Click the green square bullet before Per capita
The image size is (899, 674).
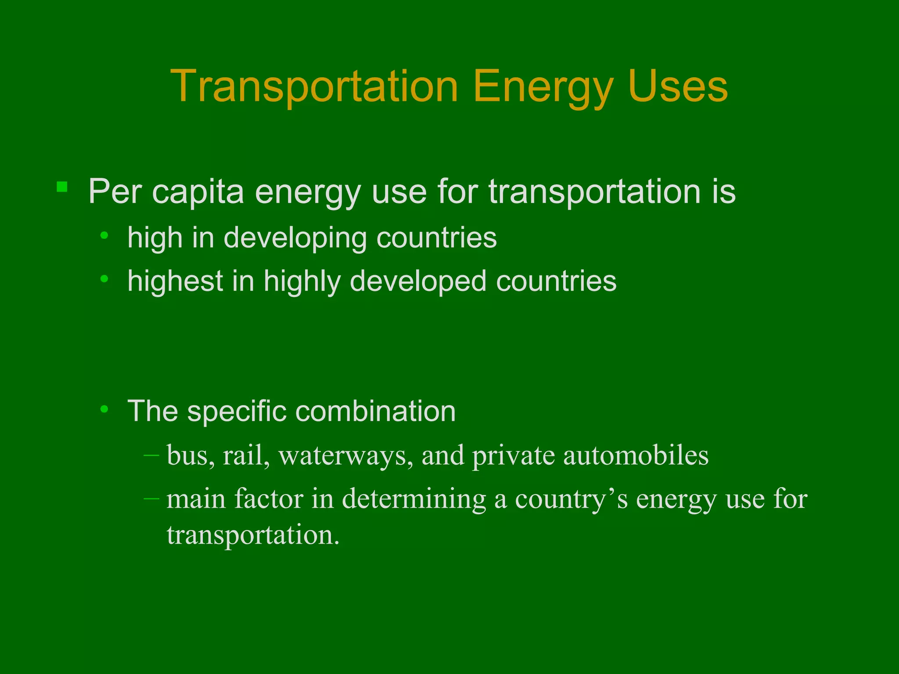(62, 187)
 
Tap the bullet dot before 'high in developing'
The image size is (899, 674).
(104, 236)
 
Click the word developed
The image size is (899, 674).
(418, 281)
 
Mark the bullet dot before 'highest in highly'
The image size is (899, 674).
(104, 279)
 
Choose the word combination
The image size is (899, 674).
(375, 412)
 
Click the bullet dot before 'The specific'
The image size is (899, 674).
(104, 409)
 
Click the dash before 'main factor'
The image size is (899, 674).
(151, 499)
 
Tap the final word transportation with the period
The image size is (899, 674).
(253, 535)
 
